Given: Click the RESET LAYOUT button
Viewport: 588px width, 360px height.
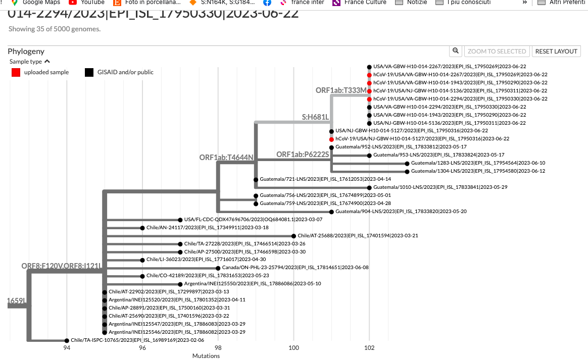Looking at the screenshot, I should (556, 51).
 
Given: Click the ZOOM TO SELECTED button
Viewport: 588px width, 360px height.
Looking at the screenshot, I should (497, 51).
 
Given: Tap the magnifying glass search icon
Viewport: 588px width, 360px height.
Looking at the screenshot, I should (456, 51).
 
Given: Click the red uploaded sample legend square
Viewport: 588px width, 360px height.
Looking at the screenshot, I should (16, 72).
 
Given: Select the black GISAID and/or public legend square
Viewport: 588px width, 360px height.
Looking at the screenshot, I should (89, 72).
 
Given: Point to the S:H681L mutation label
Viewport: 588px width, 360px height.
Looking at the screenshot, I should (315, 117).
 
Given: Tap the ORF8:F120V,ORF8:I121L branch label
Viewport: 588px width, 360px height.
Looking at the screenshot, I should (61, 266).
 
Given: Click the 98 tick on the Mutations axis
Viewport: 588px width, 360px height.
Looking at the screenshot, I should (218, 347).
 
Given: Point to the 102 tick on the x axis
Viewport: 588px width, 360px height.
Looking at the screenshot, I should (369, 347).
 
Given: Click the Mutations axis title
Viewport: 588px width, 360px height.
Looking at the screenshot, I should (206, 356).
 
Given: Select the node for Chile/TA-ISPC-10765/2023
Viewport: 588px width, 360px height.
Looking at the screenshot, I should (67, 341).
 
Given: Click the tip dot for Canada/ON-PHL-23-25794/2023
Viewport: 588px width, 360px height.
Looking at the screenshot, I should (218, 268).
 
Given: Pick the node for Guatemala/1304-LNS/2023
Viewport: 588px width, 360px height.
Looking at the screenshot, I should (407, 171).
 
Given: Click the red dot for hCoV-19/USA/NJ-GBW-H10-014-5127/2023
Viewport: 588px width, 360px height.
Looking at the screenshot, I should (331, 139).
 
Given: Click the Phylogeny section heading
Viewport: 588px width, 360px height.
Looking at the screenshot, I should (26, 51).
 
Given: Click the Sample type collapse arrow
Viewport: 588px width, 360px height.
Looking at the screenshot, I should (47, 62).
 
